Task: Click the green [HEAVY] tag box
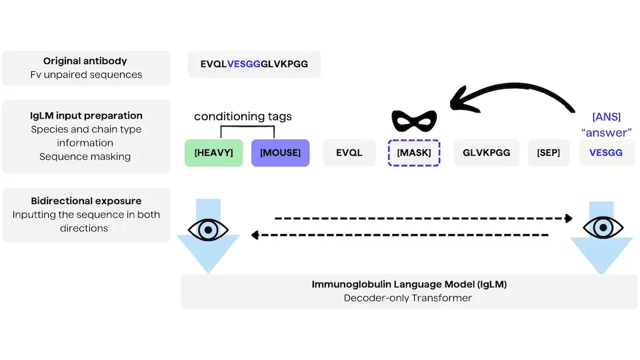point(213,153)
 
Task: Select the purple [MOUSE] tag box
point(281,153)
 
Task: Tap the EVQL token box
point(349,153)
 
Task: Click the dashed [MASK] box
point(414,153)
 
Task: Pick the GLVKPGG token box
point(486,153)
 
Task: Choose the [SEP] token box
point(548,153)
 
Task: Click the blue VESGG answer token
point(606,153)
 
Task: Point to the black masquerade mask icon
point(414,121)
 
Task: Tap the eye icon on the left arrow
point(208,230)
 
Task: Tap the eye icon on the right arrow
point(603,227)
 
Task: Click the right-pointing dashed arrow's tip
point(572,219)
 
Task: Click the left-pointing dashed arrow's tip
point(252,235)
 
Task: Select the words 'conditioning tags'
point(243,116)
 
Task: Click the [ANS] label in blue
point(607,117)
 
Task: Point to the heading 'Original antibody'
point(85,61)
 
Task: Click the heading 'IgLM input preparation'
point(86,115)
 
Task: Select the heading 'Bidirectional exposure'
point(86,201)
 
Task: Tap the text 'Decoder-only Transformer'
point(408,298)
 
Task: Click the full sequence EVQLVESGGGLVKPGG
point(254,64)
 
